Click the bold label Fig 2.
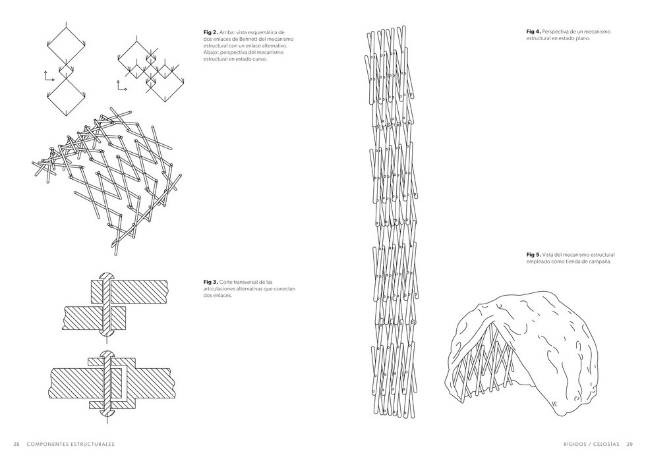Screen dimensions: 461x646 coord(210,32)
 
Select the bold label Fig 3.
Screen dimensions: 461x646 coord(210,281)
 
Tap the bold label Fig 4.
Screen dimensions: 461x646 coord(533,32)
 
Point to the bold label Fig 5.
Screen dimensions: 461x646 coord(533,254)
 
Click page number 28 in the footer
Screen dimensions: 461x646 coord(16,443)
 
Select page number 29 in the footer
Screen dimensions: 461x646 coord(630,443)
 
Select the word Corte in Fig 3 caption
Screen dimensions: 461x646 coord(227,281)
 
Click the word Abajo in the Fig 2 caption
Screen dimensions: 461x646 coord(211,53)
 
